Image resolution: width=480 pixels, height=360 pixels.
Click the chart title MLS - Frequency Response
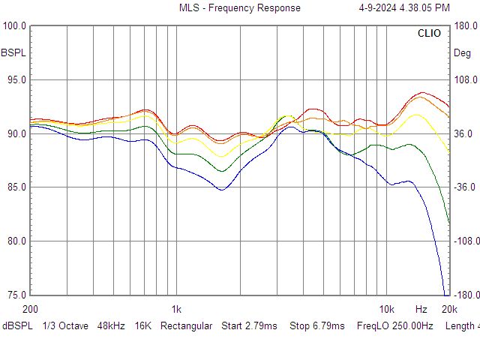[239, 8]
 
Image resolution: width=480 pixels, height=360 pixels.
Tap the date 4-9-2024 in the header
[382, 8]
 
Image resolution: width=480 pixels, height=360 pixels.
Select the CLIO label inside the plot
[430, 34]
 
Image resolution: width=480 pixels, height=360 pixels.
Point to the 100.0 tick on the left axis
[16, 25]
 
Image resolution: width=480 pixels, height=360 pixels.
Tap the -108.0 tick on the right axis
[464, 241]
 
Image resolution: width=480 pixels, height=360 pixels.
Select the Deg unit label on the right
[462, 53]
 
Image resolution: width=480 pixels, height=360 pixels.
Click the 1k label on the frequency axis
[176, 309]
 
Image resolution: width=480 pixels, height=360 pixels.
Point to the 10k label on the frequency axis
[386, 309]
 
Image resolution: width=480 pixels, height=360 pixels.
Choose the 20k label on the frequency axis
[448, 309]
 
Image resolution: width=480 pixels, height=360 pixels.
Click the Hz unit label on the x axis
[421, 309]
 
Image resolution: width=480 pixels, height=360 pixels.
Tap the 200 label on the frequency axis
[30, 309]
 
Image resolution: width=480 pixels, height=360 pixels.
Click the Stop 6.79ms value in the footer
[316, 326]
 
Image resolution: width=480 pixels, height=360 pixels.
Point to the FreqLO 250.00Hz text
[395, 326]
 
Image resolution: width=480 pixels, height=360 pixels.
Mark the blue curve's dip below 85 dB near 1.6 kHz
[222, 190]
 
